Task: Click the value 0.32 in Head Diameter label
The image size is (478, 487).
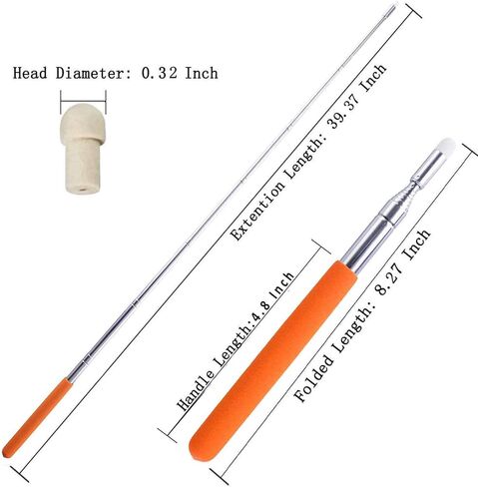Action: click(160, 73)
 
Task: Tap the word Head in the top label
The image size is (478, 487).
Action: click(30, 73)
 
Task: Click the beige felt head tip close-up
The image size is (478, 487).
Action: click(83, 149)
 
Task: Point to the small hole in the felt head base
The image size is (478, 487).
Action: click(82, 190)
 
